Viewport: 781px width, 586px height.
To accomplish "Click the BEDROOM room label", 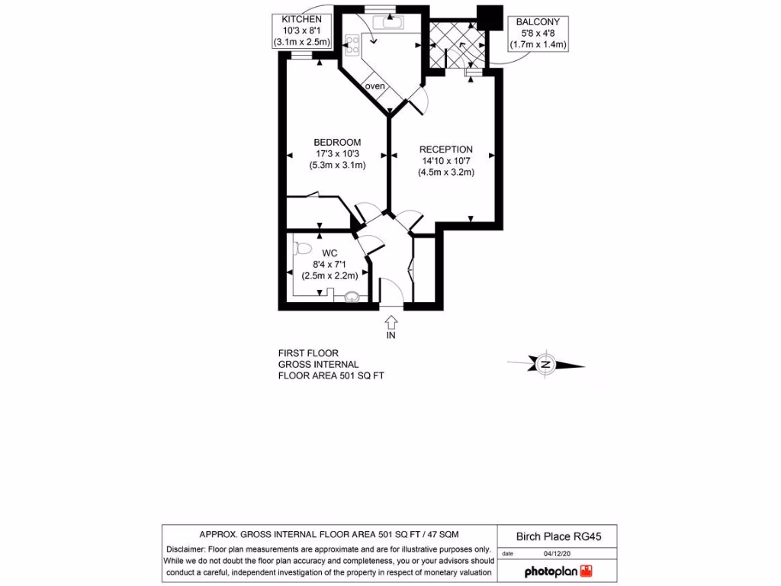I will [x=337, y=142].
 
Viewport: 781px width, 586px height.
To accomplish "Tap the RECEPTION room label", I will [x=446, y=150].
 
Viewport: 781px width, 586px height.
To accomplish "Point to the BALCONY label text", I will [x=540, y=22].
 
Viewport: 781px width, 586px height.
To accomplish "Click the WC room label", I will [x=329, y=252].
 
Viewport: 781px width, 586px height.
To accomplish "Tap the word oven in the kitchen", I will [x=375, y=85].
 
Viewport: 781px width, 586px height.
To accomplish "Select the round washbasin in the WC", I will [x=353, y=297].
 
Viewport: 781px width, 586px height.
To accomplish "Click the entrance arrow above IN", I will [x=390, y=320].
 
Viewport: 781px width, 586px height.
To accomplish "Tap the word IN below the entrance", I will [x=390, y=335].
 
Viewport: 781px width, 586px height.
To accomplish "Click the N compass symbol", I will [x=545, y=365].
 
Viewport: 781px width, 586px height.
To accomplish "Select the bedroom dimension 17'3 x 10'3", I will [x=337, y=153].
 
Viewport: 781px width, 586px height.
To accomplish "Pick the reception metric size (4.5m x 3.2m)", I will [x=446, y=172].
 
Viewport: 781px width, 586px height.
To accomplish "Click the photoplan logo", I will [x=558, y=571].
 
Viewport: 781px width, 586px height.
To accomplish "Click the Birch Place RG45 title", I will [x=558, y=536].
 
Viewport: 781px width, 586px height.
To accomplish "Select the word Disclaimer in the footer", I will [x=185, y=549].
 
